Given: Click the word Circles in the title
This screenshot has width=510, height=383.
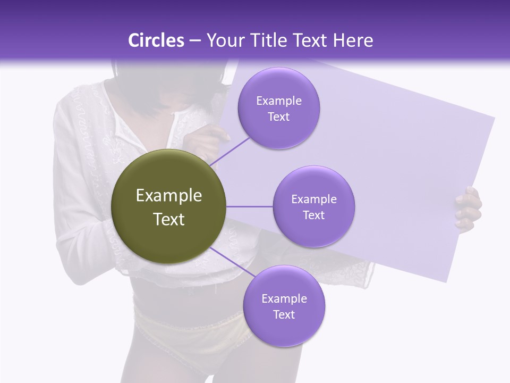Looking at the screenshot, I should click(156, 40).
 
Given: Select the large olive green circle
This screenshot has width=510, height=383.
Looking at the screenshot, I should click(168, 206).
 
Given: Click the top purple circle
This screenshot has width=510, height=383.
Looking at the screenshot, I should click(278, 108).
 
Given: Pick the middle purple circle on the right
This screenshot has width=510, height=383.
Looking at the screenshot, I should click(313, 206).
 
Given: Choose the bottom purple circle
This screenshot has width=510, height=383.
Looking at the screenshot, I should click(284, 306).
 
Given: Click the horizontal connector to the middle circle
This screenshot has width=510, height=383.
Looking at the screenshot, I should click(249, 206).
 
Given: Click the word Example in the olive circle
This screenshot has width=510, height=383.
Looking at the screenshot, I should click(168, 196).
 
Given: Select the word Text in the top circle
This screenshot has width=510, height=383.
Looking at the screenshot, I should click(278, 117).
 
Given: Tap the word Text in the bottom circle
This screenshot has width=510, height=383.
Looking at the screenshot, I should click(284, 315).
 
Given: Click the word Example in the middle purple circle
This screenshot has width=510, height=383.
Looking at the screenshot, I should click(313, 199).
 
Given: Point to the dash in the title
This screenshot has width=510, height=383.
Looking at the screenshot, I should click(195, 40).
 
